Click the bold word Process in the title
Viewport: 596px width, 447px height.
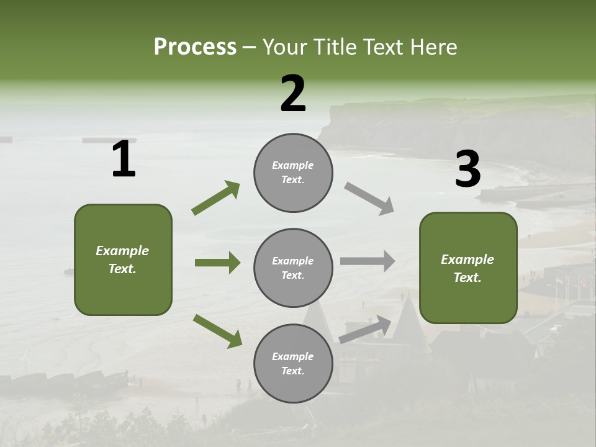pos(195,47)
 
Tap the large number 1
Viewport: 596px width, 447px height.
pos(124,160)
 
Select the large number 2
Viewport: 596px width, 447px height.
pos(293,94)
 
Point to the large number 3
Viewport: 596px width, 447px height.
pos(467,169)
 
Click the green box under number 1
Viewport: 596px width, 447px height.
pos(123,260)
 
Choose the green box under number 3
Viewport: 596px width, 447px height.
pos(468,268)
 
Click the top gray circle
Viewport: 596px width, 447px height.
pos(293,173)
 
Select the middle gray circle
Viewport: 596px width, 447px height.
pos(293,268)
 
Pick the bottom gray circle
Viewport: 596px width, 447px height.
pos(293,363)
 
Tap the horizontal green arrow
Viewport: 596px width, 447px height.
pos(217,263)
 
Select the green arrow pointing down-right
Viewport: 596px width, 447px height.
pos(217,331)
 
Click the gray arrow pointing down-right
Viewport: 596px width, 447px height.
pos(369,198)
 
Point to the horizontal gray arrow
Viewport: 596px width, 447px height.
pos(367,261)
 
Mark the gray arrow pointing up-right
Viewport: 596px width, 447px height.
pos(366,329)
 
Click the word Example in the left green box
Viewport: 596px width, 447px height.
pos(122,251)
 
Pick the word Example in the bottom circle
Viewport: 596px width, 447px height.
pos(292,356)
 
